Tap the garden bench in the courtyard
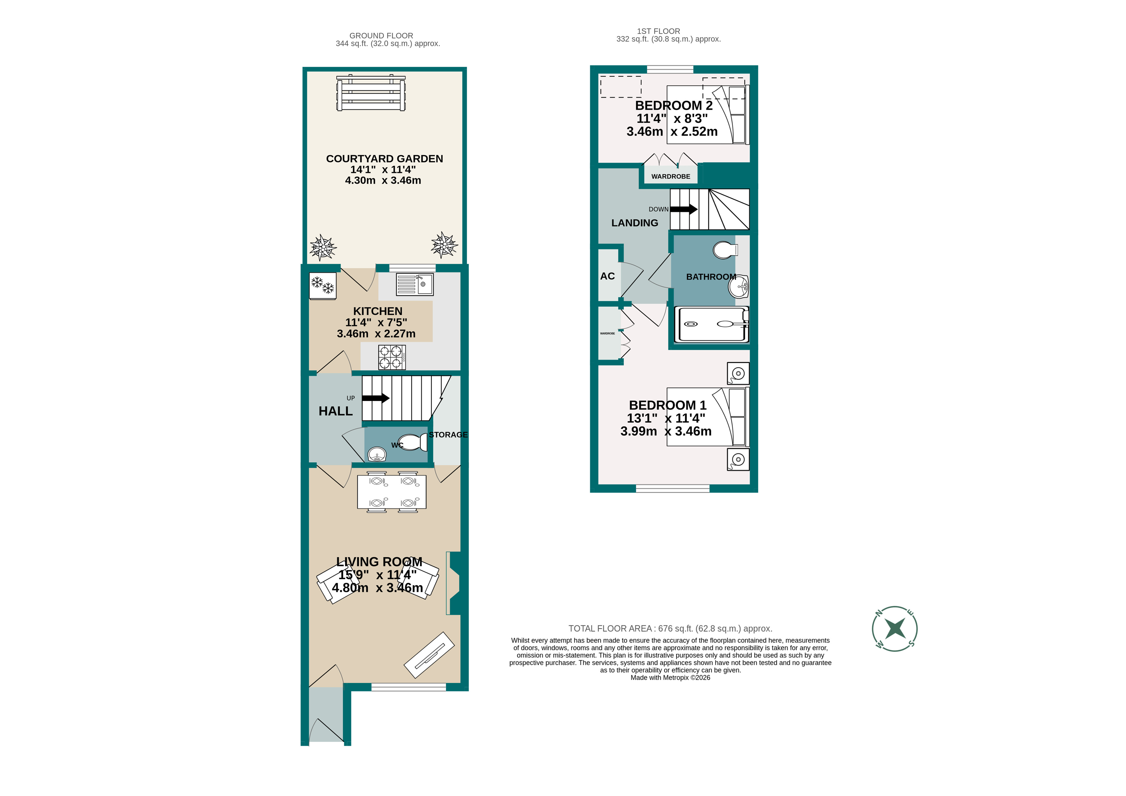click(x=371, y=93)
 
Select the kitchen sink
click(x=415, y=284)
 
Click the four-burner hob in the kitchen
click(x=391, y=357)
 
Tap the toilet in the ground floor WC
click(x=413, y=442)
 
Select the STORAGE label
click(x=448, y=435)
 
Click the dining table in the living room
click(x=391, y=492)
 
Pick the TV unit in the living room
click(x=429, y=655)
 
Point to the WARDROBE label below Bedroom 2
click(x=671, y=177)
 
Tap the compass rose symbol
click(x=895, y=629)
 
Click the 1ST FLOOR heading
click(x=658, y=31)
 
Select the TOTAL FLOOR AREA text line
click(x=670, y=629)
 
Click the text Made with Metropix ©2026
click(x=670, y=678)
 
